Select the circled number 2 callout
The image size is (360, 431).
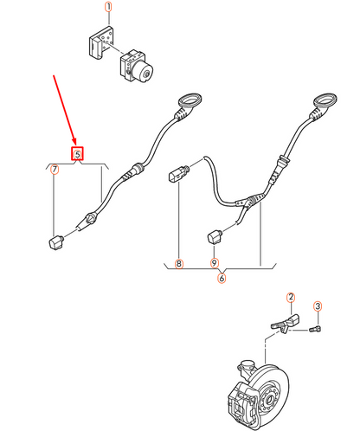(292, 297)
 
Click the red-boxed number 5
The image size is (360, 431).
(77, 154)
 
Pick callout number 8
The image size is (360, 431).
(179, 262)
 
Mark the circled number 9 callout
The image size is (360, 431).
(215, 262)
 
